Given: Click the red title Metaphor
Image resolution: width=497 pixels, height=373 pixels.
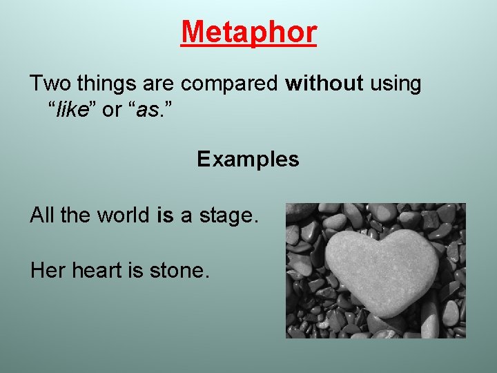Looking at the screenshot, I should pyautogui.click(x=248, y=32).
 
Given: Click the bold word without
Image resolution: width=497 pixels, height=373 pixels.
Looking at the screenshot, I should pyautogui.click(x=324, y=84).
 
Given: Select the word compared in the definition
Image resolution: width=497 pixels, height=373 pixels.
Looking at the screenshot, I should pyautogui.click(x=231, y=84).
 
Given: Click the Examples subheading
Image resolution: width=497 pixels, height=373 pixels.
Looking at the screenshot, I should pyautogui.click(x=248, y=160).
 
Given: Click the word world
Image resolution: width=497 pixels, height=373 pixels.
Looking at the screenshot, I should pyautogui.click(x=122, y=216).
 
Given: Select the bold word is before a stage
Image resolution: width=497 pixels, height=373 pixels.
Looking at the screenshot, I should pyautogui.click(x=165, y=216).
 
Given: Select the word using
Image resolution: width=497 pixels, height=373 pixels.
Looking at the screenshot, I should pyautogui.click(x=396, y=84).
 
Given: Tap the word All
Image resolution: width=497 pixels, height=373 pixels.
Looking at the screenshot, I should pyautogui.click(x=42, y=216).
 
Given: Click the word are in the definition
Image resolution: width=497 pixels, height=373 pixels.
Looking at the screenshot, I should pyautogui.click(x=159, y=84).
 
